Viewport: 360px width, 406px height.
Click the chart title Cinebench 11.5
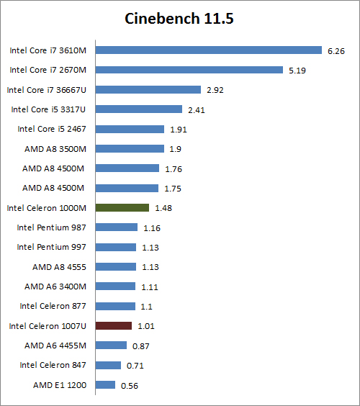tap(179, 19)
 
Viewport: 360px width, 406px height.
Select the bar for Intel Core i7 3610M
tap(208, 50)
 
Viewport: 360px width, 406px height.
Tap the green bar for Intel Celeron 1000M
tap(122, 207)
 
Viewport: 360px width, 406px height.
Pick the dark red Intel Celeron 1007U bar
tap(113, 325)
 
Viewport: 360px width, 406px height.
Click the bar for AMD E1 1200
tap(105, 384)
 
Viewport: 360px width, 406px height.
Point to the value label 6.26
tap(336, 51)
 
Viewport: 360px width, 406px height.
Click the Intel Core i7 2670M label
tap(48, 70)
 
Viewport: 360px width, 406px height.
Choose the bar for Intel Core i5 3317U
tap(138, 109)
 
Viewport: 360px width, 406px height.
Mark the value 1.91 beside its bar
tap(179, 130)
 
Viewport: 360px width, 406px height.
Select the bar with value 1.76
tap(127, 168)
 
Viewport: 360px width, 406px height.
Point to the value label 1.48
tap(163, 208)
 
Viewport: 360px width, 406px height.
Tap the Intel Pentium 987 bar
tap(116, 227)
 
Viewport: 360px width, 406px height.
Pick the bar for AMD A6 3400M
tap(115, 287)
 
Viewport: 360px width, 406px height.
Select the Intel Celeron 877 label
tap(53, 306)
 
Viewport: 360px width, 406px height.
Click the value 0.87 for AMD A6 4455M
tap(141, 346)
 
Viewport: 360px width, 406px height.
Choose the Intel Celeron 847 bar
tap(108, 365)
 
